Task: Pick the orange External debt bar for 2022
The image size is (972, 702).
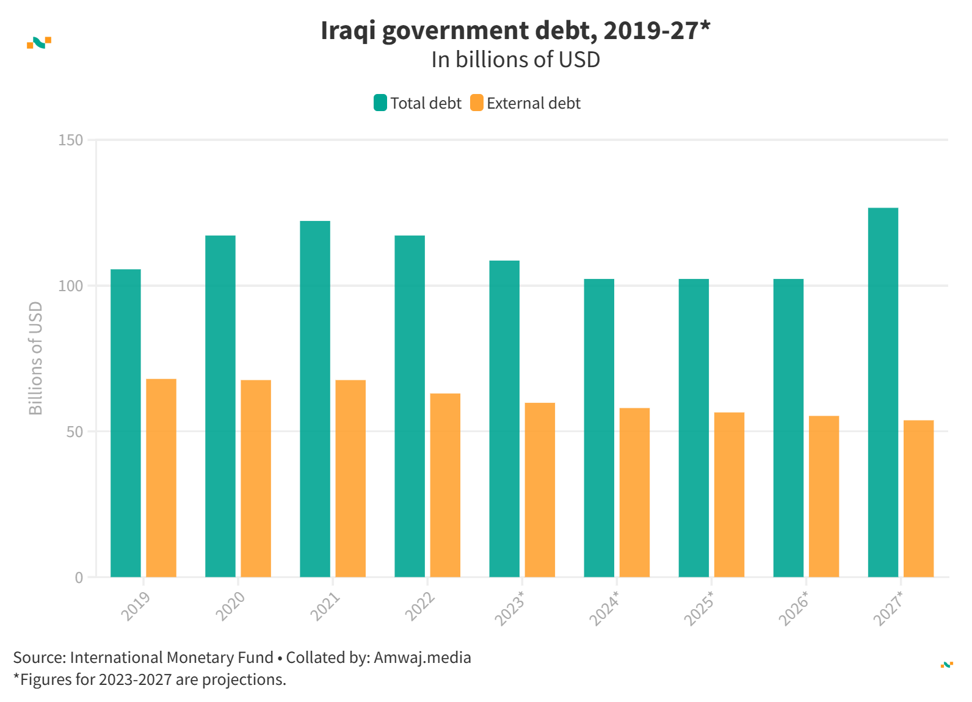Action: pyautogui.click(x=445, y=485)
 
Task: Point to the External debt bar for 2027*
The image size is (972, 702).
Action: pyautogui.click(x=918, y=499)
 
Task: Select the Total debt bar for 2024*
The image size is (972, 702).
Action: pyautogui.click(x=599, y=428)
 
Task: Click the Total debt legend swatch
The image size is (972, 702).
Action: pyautogui.click(x=380, y=103)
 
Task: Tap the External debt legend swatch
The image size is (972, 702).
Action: pyautogui.click(x=477, y=103)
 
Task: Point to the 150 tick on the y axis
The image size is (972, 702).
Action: pyautogui.click(x=71, y=140)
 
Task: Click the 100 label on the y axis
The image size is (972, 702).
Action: pyautogui.click(x=71, y=286)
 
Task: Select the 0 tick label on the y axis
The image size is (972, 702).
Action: pyautogui.click(x=79, y=577)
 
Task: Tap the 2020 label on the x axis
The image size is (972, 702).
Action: pyautogui.click(x=231, y=606)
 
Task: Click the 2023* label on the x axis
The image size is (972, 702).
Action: pyautogui.click(x=509, y=608)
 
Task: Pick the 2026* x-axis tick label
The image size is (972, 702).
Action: pyautogui.click(x=793, y=608)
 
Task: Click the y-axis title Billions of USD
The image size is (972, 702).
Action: pyautogui.click(x=36, y=358)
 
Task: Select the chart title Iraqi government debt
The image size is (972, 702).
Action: pyautogui.click(x=515, y=31)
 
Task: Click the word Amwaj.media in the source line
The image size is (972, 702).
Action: pyautogui.click(x=422, y=657)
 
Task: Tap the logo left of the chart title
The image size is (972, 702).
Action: pyautogui.click(x=39, y=42)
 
